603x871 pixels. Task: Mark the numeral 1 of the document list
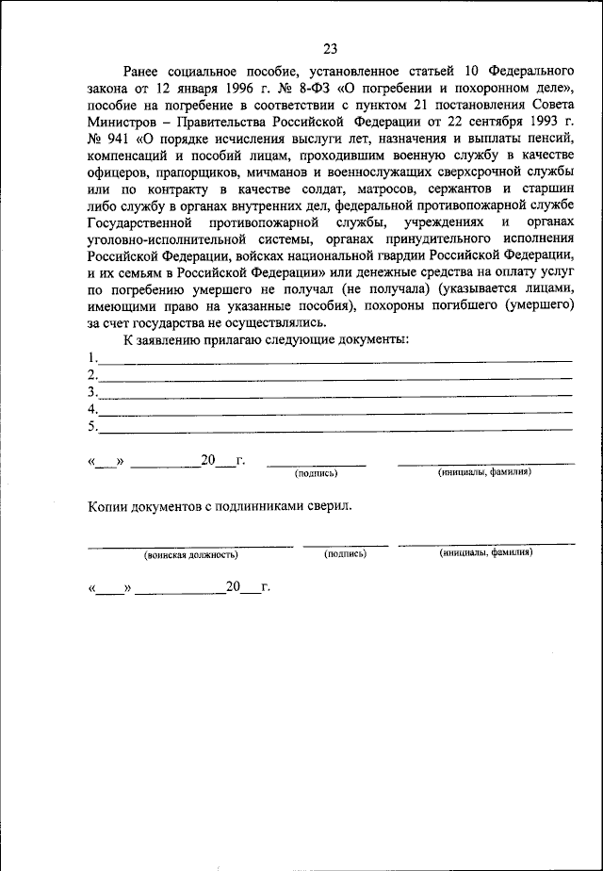click(x=91, y=358)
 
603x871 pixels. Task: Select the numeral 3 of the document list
click(x=91, y=392)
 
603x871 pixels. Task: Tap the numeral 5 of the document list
click(x=91, y=426)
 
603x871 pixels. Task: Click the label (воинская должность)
click(x=191, y=554)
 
